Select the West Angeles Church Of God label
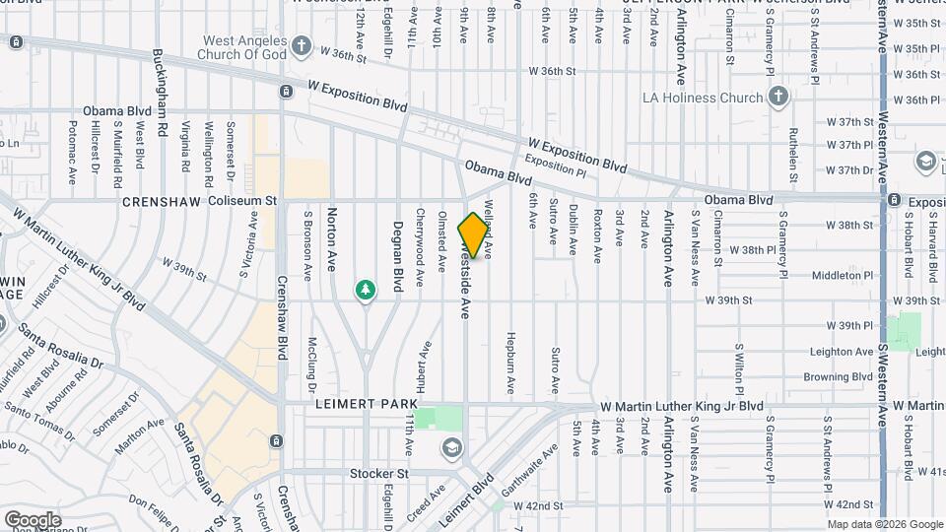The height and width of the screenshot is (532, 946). [245, 47]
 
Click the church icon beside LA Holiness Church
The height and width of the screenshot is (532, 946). [778, 97]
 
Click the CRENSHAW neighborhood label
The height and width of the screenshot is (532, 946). [161, 201]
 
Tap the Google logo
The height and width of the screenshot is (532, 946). [33, 519]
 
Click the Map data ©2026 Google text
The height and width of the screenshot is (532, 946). [883, 524]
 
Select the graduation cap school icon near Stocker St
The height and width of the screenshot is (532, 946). [451, 448]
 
